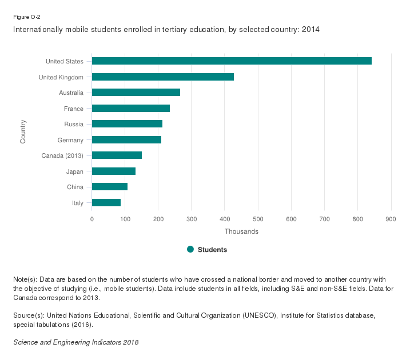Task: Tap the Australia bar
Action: click(136, 93)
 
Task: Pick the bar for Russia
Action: click(127, 124)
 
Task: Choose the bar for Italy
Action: click(106, 202)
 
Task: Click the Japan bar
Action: click(114, 171)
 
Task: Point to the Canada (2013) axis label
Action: click(63, 155)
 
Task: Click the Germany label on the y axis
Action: click(70, 140)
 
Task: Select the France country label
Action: click(74, 109)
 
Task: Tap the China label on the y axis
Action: click(75, 187)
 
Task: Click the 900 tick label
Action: click(391, 219)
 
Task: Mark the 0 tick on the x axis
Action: click(92, 219)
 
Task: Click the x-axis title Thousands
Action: click(241, 231)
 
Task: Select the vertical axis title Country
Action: click(23, 131)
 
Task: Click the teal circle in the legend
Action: click(190, 249)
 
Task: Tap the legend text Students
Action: click(212, 250)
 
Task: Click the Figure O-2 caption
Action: click(26, 17)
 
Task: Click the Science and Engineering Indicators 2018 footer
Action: click(76, 342)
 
